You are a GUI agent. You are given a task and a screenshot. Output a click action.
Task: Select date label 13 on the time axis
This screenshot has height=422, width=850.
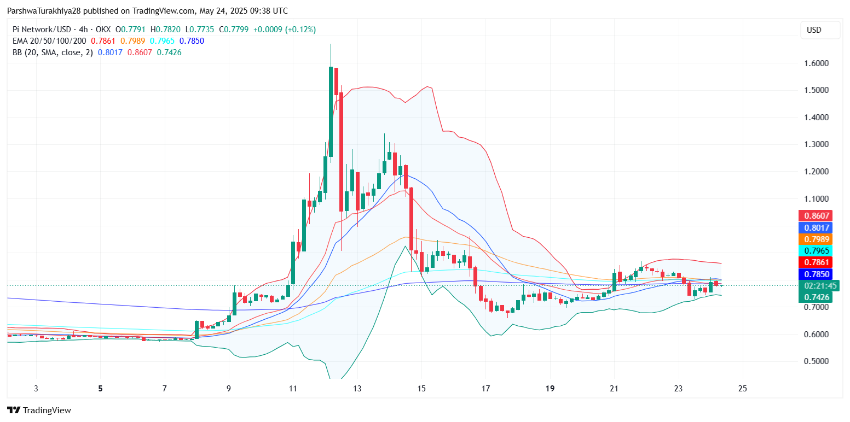[x=357, y=389]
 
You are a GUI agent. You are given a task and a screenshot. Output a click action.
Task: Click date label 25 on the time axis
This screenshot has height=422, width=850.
[x=743, y=389]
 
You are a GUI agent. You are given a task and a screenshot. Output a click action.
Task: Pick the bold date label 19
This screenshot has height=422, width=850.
[x=550, y=389]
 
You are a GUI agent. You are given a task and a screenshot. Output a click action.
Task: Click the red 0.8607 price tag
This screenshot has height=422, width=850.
[x=816, y=215]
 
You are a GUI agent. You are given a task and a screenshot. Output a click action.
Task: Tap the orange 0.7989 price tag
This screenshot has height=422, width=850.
[x=816, y=239]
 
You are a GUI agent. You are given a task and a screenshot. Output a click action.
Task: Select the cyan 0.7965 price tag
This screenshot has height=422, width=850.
[x=816, y=250]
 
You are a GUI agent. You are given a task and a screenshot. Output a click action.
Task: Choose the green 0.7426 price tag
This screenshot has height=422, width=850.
[x=816, y=297]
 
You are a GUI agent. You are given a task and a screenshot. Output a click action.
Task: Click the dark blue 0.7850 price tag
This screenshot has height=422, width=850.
[x=816, y=274]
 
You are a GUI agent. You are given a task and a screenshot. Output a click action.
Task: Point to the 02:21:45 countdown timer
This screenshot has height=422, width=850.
[x=818, y=285]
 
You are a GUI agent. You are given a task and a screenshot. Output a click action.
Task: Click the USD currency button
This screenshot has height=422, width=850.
[x=814, y=30]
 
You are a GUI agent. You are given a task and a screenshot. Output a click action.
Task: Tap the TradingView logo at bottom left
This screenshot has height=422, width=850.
[x=39, y=410]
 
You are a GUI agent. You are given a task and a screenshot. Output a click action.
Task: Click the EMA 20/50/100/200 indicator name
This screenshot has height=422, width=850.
[x=49, y=41]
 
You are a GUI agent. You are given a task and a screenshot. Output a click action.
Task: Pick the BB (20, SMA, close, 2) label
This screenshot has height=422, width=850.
[x=52, y=52]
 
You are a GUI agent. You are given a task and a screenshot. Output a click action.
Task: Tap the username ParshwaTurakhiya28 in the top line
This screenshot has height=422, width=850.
[x=45, y=11]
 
